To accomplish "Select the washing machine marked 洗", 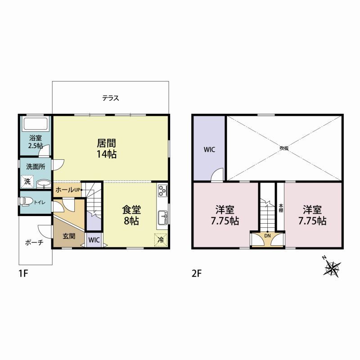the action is tap(27, 182).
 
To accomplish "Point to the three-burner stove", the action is tap(162, 190).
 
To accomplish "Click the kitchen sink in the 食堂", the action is tap(163, 217).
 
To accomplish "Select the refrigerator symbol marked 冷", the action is tap(161, 240).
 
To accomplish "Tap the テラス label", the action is tap(111, 98).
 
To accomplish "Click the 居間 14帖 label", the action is tap(106, 148).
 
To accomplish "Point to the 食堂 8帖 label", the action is tap(131, 215).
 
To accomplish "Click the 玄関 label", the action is tap(69, 236).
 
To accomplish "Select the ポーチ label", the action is tap(34, 243).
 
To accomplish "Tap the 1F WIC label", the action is tap(94, 240).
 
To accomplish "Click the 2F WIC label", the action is tap(209, 150).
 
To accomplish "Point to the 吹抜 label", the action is tap(284, 148).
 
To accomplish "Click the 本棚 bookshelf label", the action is tap(281, 208).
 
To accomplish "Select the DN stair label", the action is tap(267, 236).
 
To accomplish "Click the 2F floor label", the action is tap(197, 274).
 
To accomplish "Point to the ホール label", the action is tap(64, 190).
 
